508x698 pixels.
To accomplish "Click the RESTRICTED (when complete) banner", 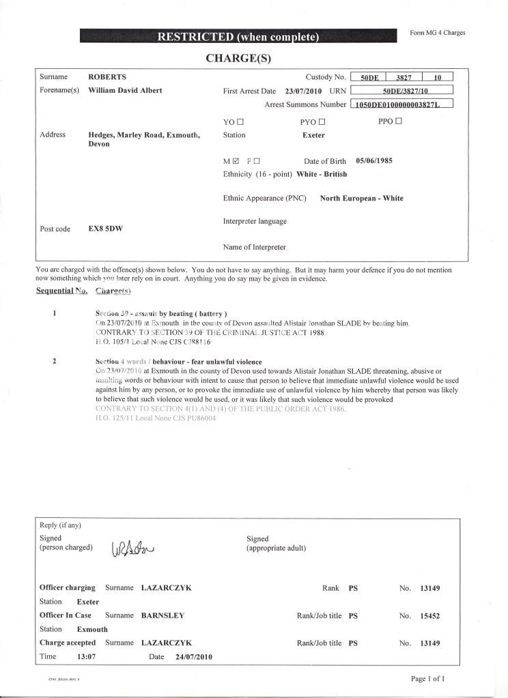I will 238,37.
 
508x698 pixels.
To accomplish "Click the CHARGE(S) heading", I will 238,59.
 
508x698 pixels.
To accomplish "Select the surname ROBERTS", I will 108,77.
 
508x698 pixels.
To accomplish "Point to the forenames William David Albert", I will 126,90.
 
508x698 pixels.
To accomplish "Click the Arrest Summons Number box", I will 401,104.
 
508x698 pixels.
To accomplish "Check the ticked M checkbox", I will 236,162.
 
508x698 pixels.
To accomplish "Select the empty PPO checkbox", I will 399,121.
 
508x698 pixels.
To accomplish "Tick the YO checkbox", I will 241,122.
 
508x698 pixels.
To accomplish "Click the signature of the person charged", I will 132,547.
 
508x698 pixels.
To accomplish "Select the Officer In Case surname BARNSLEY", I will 163,615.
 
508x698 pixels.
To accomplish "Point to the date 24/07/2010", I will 194,656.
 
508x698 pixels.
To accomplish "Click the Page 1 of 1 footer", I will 428,679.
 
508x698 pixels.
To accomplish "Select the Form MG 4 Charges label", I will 438,33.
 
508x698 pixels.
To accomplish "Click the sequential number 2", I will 54,362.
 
